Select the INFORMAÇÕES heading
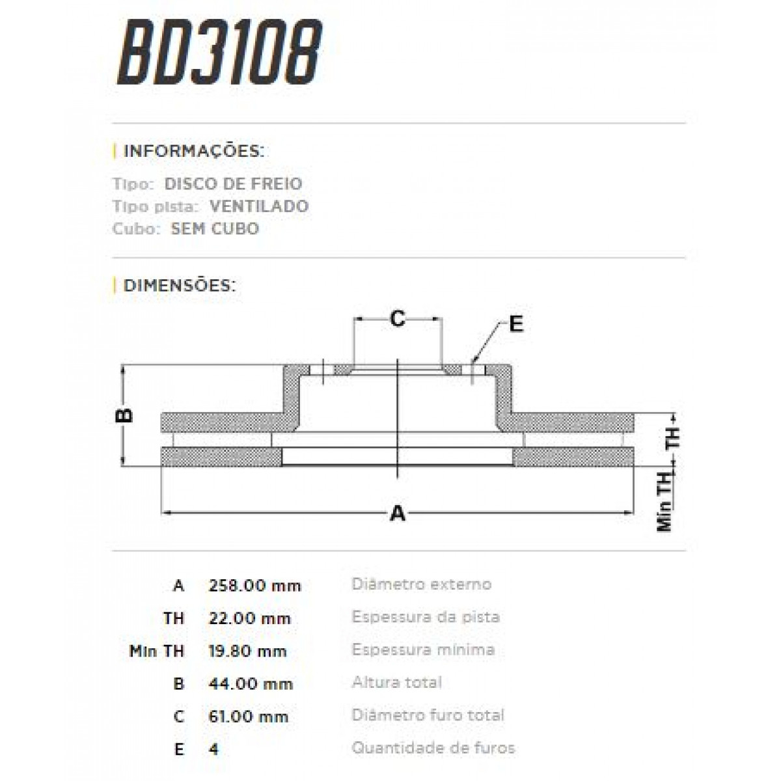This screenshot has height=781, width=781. click(x=193, y=152)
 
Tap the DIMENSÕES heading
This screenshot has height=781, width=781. click(x=179, y=285)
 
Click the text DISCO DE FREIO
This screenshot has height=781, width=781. click(x=233, y=184)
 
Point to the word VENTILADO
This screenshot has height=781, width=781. click(x=259, y=206)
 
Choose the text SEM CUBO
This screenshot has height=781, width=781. click(x=215, y=228)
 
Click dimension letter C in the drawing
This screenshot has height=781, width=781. click(x=397, y=319)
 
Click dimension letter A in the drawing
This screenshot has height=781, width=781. click(x=397, y=514)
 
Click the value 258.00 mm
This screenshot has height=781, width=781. click(x=254, y=585)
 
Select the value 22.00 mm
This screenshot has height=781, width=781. click(x=249, y=618)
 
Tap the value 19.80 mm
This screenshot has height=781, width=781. click(x=247, y=651)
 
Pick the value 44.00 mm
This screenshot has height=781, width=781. click(x=251, y=683)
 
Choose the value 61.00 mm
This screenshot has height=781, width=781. click(x=248, y=717)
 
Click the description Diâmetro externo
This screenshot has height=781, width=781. click(x=422, y=584)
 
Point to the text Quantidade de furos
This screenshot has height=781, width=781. click(x=433, y=748)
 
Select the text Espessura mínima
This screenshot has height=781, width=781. click(x=423, y=650)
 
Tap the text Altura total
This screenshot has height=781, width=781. click(x=397, y=682)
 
